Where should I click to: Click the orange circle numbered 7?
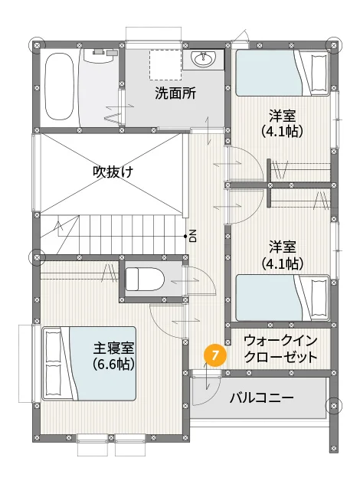click(215, 355)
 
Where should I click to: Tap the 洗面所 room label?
click(175, 93)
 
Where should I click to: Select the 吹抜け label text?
click(113, 172)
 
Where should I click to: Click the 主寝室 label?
click(113, 348)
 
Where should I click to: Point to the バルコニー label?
click(261, 397)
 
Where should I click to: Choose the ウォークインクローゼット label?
click(281, 349)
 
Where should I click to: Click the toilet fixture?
click(145, 279)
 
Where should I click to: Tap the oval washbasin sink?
click(203, 59)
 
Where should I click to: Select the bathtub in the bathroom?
click(59, 86)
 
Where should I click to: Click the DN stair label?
click(193, 236)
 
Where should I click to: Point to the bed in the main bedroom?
click(89, 364)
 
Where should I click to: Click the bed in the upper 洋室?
click(283, 74)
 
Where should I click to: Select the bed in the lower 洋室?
click(283, 298)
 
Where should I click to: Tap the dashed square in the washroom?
click(165, 64)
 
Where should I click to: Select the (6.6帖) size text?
click(113, 365)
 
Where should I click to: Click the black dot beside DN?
click(185, 237)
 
